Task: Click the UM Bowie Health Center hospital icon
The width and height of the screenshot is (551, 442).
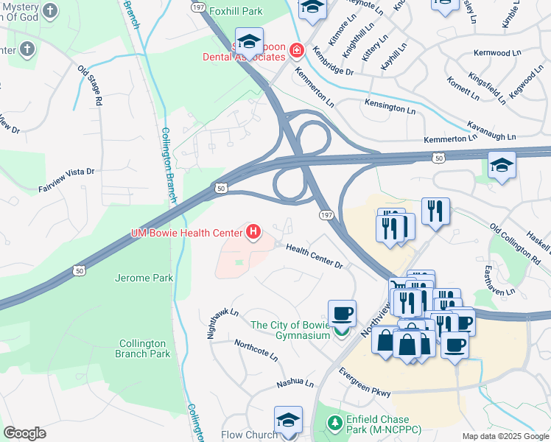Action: pos(253,233)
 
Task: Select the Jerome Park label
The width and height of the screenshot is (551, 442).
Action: pos(144,278)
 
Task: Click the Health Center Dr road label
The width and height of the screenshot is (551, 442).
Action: pos(315,256)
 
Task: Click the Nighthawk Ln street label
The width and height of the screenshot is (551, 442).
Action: pos(223,323)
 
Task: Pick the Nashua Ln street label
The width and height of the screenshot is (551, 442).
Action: pos(295,384)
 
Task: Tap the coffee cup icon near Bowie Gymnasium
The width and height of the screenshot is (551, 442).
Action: pos(342,312)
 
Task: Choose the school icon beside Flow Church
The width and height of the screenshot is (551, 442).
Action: pos(288,418)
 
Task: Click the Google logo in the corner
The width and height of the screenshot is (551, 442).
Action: pos(24,433)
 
